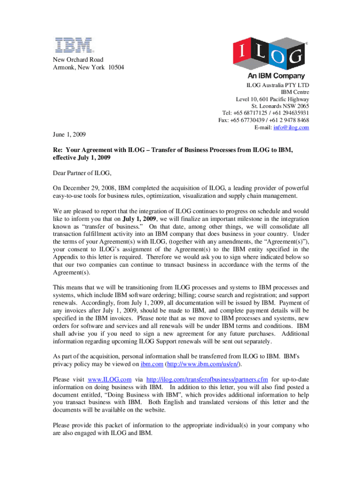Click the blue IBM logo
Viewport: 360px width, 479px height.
pyautogui.click(x=73, y=45)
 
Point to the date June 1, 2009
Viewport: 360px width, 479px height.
pyautogui.click(x=69, y=135)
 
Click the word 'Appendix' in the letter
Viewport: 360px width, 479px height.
pyautogui.click(x=66, y=257)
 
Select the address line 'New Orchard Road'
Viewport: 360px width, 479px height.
pyautogui.click(x=78, y=60)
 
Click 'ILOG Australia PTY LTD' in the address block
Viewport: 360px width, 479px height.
pyautogui.click(x=278, y=85)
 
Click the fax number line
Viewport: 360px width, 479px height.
pyautogui.click(x=263, y=120)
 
